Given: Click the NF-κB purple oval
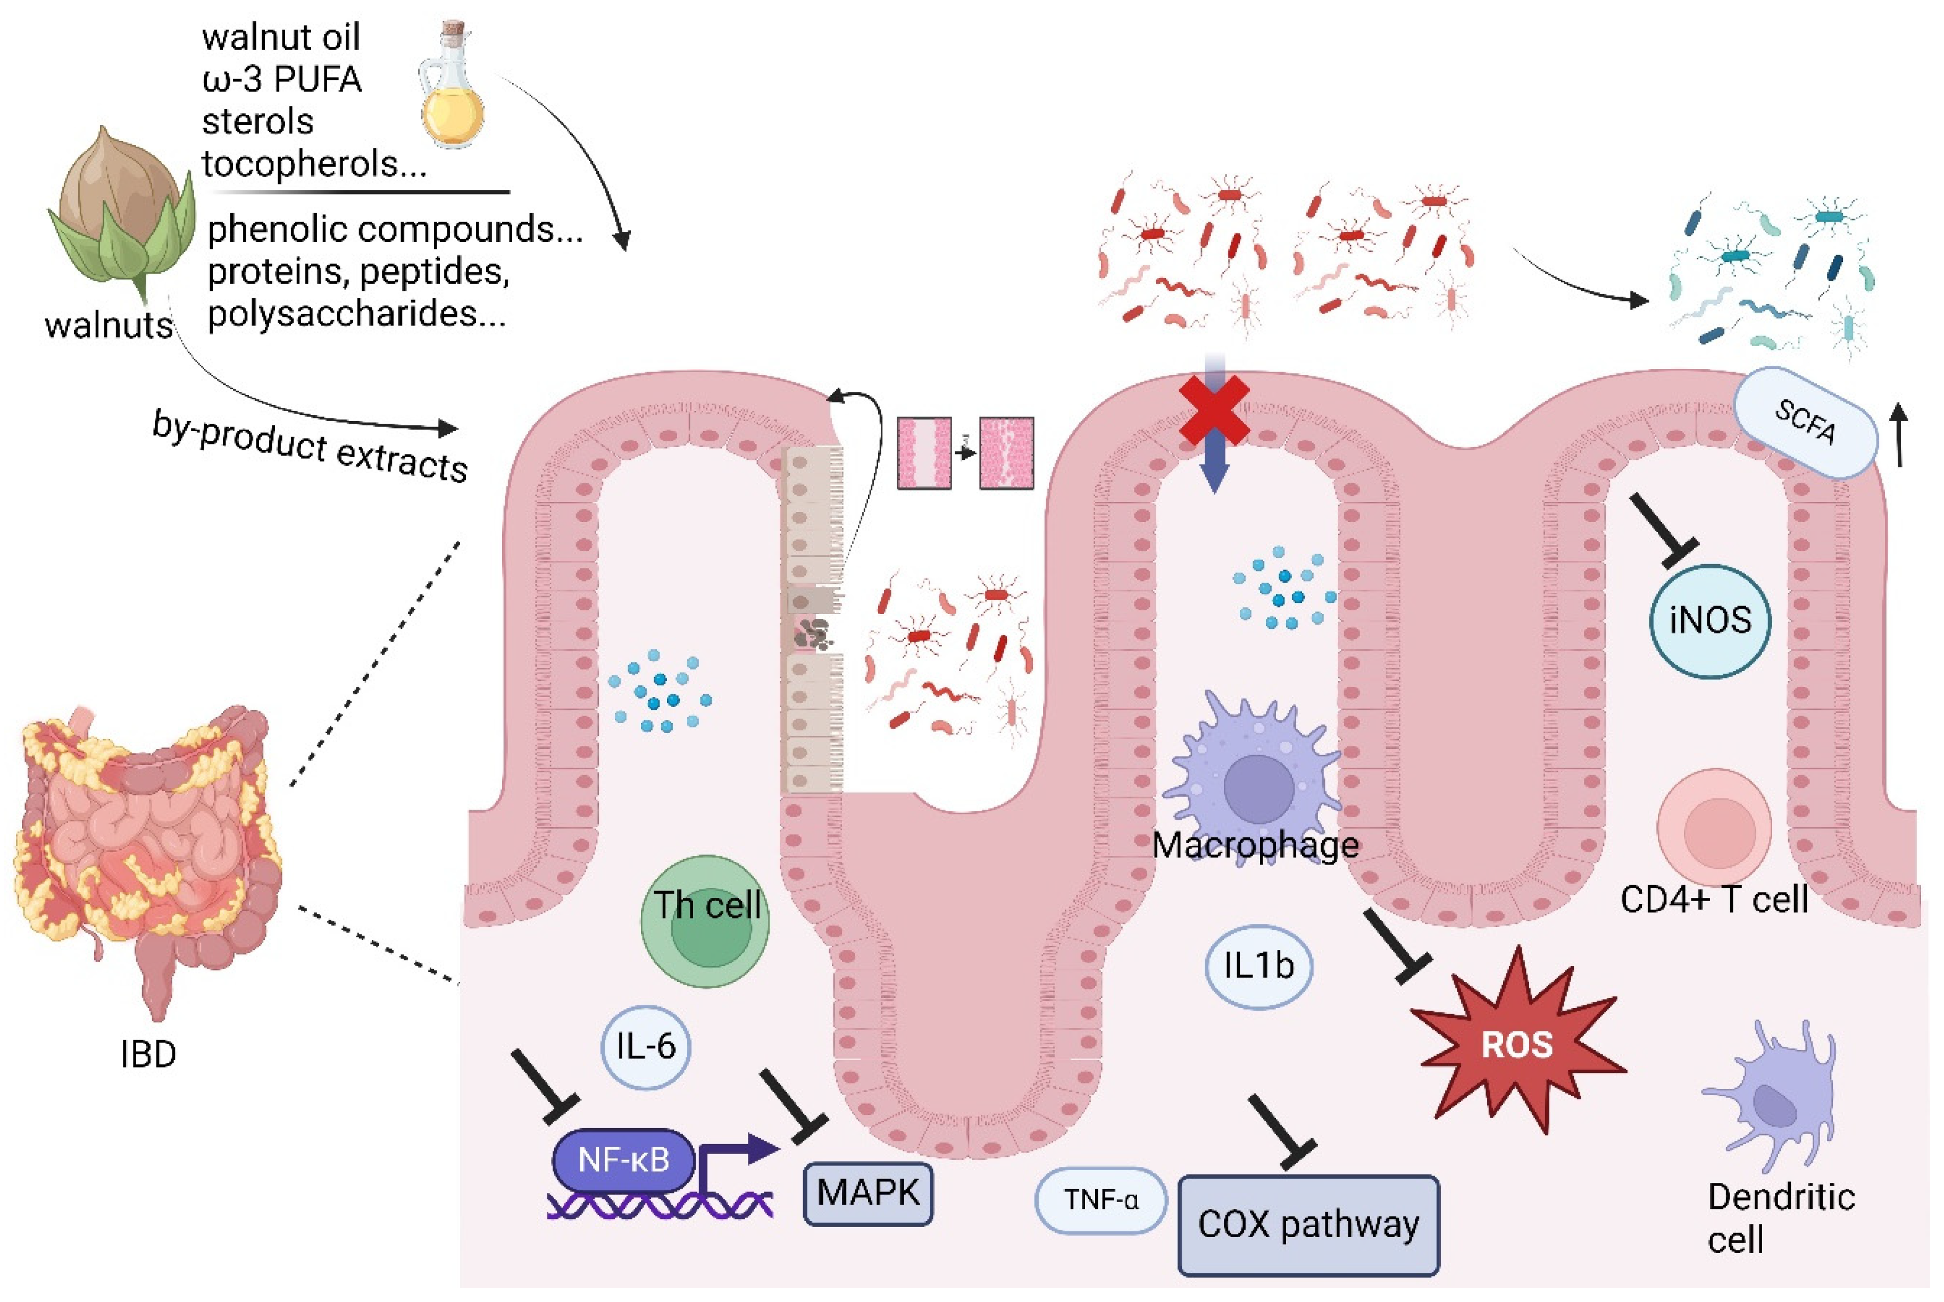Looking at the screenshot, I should pos(623,1160).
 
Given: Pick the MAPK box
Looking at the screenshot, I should pos(868,1193).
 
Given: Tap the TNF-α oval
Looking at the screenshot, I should pos(1101,1200).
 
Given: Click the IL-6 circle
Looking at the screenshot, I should pos(646,1046).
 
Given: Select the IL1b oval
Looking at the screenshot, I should pos(1258,965).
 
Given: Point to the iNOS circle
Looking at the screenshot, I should pos(1710,620).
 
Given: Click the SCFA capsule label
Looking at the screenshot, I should pos(1805,422).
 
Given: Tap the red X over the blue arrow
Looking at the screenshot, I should pos(1215,409).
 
